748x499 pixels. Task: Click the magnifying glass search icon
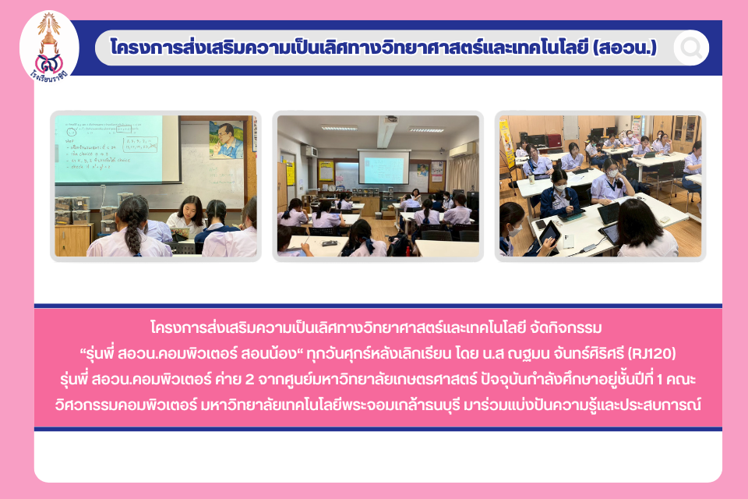pyautogui.click(x=691, y=48)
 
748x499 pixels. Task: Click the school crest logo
pyautogui.click(x=48, y=47)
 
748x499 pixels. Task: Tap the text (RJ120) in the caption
pyautogui.click(x=651, y=353)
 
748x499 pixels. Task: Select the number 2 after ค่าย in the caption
pyautogui.click(x=249, y=379)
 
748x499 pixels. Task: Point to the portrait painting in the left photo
pyautogui.click(x=226, y=140)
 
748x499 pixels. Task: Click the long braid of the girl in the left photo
pyautogui.click(x=132, y=225)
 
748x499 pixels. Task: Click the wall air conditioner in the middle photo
pyautogui.click(x=463, y=150)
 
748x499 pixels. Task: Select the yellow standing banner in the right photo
pyautogui.click(x=506, y=143)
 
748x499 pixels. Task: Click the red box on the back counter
pyautogui.click(x=554, y=141)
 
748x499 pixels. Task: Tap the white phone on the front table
pyautogui.click(x=569, y=241)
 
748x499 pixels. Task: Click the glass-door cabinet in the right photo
pyautogui.click(x=686, y=128)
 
